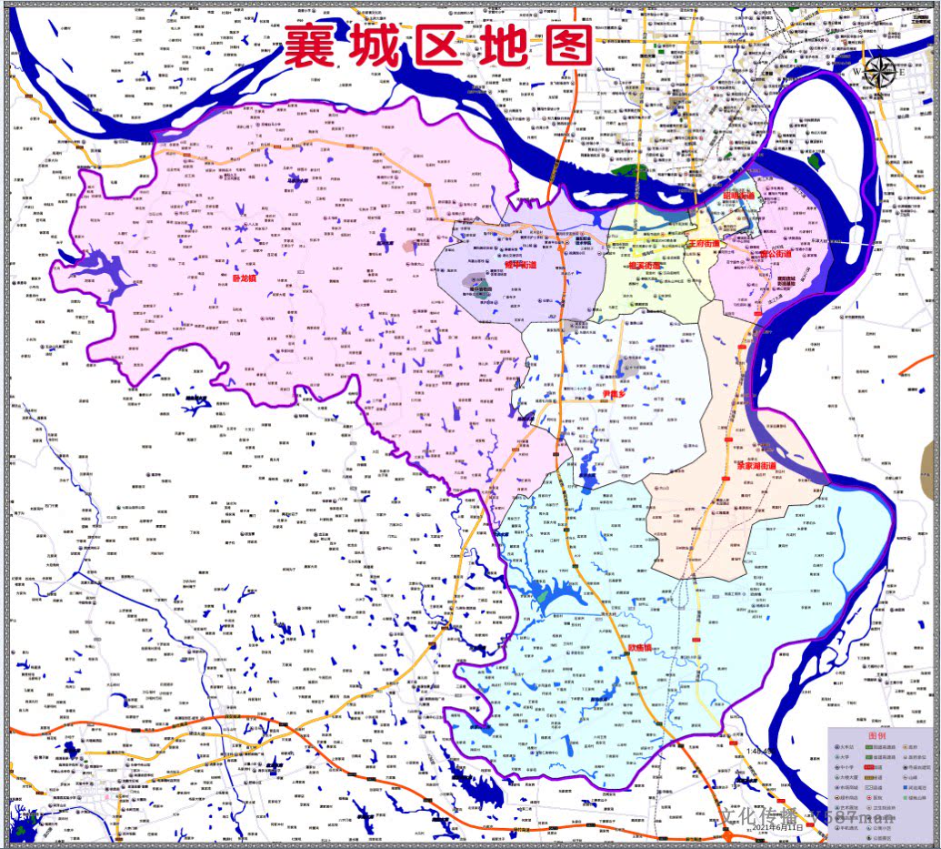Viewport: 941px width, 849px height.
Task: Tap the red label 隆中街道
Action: tap(521, 266)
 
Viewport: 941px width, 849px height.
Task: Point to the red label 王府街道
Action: tap(703, 244)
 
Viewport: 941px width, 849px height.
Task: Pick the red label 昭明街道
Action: tap(738, 197)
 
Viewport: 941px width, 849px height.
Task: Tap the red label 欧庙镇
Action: tap(642, 648)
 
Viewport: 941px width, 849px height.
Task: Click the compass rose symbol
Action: tap(879, 72)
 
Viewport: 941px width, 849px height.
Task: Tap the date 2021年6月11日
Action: tap(778, 827)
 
